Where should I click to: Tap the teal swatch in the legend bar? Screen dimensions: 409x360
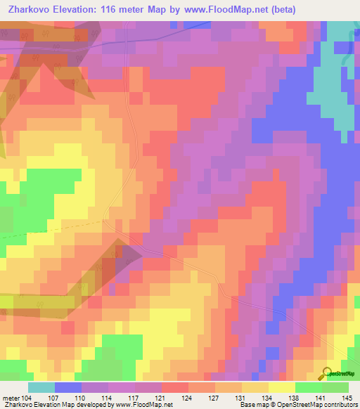[41, 387]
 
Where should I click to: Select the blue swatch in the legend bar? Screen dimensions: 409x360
[68, 387]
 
